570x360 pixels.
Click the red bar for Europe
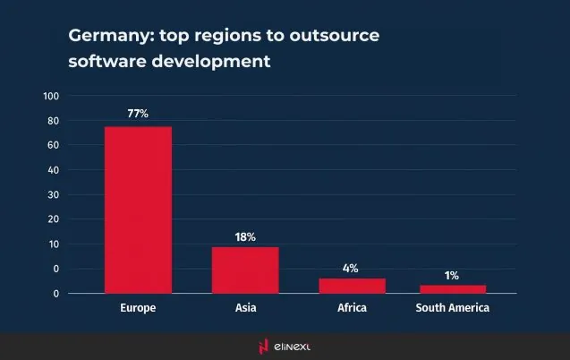point(138,210)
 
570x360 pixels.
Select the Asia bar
point(245,270)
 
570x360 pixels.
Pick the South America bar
point(453,289)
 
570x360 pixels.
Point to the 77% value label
point(138,114)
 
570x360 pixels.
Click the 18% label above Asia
point(245,236)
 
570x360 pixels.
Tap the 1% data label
point(453,275)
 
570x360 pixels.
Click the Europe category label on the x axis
point(138,308)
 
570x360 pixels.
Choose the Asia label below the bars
point(245,308)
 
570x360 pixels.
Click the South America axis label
point(453,308)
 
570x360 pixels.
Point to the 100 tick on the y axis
point(51,96)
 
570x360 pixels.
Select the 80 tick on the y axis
point(53,121)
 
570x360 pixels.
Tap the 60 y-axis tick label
point(53,145)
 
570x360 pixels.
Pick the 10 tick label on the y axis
point(53,244)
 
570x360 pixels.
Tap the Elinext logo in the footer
point(285,346)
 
